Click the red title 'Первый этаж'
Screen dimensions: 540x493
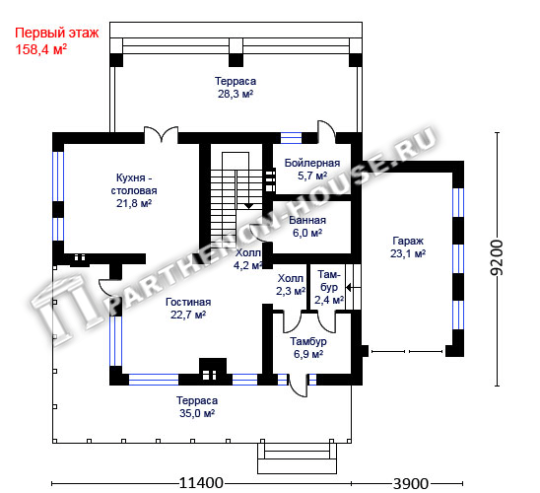[x=57, y=34]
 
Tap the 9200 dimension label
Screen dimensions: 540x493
[x=497, y=257]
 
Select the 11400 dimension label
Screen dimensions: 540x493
[x=201, y=483]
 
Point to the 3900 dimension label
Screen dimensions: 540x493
[x=411, y=484]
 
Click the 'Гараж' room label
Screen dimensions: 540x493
[x=408, y=241]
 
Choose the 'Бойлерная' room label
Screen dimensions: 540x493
[x=312, y=163]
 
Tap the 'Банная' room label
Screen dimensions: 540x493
[x=307, y=220]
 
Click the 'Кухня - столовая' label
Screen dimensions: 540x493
[x=134, y=184]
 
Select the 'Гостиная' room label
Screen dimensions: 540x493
[x=188, y=302]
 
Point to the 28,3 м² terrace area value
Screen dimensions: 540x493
[x=236, y=94]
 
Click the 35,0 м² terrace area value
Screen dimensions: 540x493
[x=197, y=413]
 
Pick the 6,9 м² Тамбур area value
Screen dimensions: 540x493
[x=308, y=354]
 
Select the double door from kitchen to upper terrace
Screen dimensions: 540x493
[x=161, y=134]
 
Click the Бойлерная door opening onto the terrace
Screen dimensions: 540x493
[x=326, y=131]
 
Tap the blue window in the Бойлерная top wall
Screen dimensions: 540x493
[x=291, y=138]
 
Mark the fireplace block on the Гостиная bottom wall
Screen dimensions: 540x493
[x=213, y=372]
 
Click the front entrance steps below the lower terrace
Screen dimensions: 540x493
[x=297, y=458]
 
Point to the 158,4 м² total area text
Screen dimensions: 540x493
[x=41, y=49]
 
